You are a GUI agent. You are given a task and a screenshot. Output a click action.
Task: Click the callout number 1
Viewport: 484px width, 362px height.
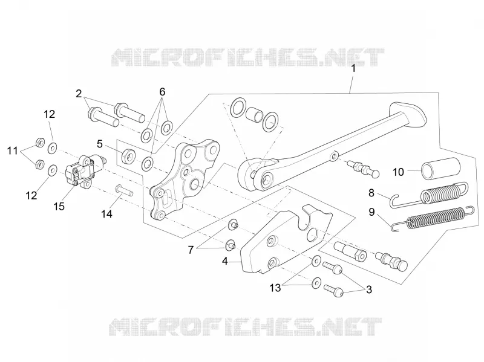pos(353,68)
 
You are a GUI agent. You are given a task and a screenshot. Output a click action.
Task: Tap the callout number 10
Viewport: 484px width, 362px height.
pos(398,172)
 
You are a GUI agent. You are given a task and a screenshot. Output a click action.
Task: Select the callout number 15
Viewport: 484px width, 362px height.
pos(59,206)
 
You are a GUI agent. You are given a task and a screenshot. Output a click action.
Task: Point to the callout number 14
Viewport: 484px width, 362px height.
pos(107,214)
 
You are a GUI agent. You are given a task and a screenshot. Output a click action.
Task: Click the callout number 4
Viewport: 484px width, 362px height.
pos(224,261)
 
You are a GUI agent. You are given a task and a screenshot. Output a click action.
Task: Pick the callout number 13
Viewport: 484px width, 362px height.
pos(275,288)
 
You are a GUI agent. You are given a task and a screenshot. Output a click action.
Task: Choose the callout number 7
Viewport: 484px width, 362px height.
pos(191,250)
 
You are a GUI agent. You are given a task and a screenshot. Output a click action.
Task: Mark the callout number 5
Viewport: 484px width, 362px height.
pos(99,144)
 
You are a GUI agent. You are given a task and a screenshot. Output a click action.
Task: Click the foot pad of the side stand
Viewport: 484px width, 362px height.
pos(407,114)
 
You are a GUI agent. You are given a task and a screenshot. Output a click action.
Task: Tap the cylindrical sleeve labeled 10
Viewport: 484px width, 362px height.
pos(441,169)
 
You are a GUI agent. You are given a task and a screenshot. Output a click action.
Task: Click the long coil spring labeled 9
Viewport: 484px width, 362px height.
pos(432,219)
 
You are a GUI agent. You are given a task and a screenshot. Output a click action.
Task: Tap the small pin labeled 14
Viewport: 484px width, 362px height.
pos(124,190)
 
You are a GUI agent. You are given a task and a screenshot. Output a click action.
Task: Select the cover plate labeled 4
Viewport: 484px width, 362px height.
pos(286,239)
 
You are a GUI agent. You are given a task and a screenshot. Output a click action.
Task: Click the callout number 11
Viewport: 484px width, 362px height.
pos(13,151)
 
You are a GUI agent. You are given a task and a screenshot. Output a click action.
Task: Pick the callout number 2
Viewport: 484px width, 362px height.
pos(79,94)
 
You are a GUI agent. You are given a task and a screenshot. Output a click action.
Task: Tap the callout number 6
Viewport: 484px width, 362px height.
pos(162,92)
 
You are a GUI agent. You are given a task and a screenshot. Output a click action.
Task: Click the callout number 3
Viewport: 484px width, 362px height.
pos(369,290)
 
